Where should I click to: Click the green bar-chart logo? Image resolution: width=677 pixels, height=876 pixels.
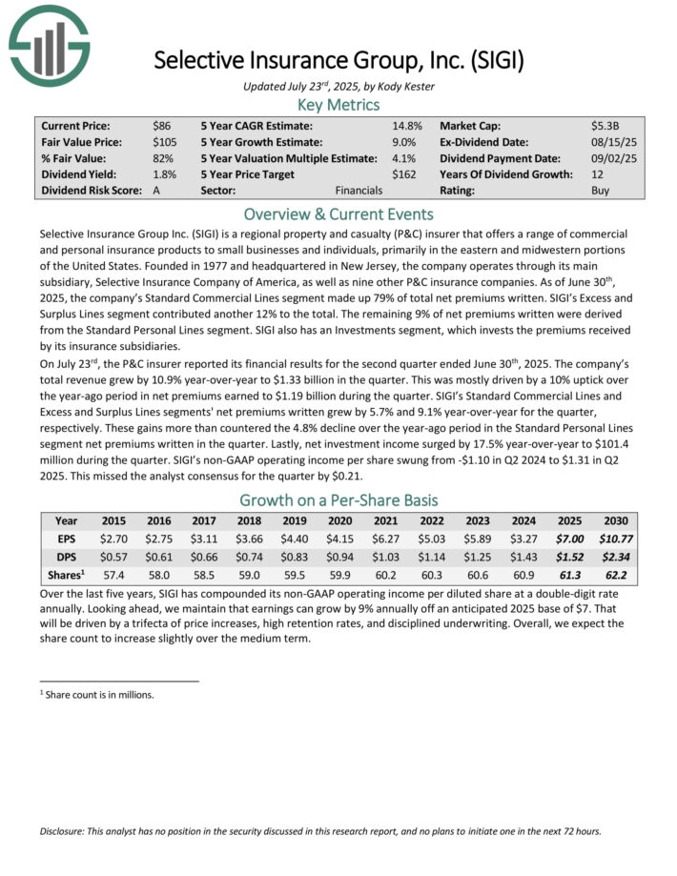click(49, 45)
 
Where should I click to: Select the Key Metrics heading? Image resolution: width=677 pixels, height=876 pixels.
click(338, 105)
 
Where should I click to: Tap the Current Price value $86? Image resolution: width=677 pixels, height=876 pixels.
click(162, 126)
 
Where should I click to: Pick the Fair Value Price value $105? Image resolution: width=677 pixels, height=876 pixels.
click(165, 142)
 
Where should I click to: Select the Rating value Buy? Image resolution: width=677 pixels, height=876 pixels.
click(601, 191)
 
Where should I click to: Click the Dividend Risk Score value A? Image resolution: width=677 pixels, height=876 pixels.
click(156, 191)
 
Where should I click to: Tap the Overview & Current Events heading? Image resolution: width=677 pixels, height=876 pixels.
click(338, 214)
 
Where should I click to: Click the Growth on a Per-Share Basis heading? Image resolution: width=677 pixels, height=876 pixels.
click(338, 500)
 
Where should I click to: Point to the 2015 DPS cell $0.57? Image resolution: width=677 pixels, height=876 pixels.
click(114, 557)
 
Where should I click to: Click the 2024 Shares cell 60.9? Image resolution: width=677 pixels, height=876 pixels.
click(522, 575)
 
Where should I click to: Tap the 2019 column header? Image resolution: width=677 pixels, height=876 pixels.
click(296, 521)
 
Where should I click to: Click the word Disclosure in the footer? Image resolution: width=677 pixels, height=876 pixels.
click(67, 830)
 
